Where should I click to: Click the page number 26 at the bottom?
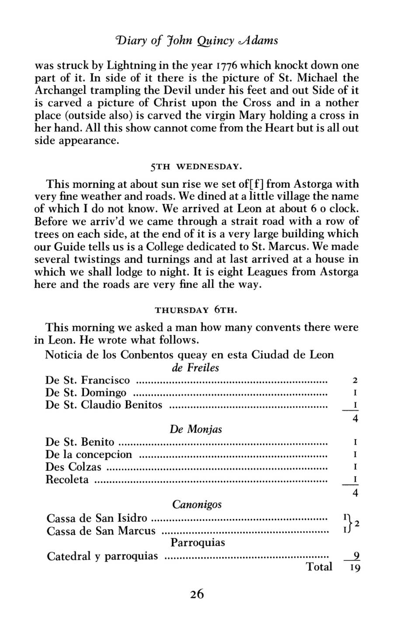pyautogui.click(x=197, y=594)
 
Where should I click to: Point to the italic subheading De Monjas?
pyautogui.click(x=196, y=429)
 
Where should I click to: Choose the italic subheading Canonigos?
pyautogui.click(x=197, y=504)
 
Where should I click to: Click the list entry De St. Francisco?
pyautogui.click(x=87, y=380)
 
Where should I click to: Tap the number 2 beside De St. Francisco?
pyautogui.click(x=356, y=381)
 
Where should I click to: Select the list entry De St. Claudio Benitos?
pyautogui.click(x=104, y=405)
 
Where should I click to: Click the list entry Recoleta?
pyautogui.click(x=67, y=480)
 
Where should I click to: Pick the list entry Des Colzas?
pyautogui.click(x=73, y=467)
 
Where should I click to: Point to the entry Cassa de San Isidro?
pyautogui.click(x=97, y=518)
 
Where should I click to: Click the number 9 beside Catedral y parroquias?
pyautogui.click(x=356, y=556)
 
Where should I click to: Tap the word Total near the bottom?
pyautogui.click(x=319, y=567)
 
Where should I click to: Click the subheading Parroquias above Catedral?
pyautogui.click(x=198, y=543)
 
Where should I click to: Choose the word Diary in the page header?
pyautogui.click(x=129, y=41)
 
